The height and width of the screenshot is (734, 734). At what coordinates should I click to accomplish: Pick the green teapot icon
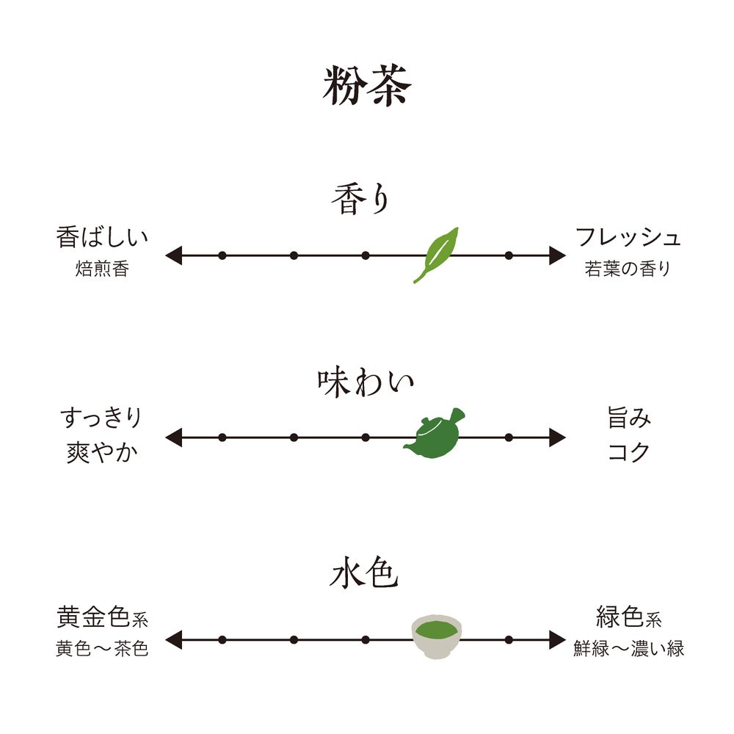(435, 435)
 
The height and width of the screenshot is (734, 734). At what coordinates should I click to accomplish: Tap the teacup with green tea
(436, 636)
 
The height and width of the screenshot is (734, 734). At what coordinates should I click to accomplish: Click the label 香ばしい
(102, 238)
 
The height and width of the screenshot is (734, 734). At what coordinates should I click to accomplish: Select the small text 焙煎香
(102, 269)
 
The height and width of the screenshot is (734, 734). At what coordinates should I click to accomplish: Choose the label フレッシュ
(628, 238)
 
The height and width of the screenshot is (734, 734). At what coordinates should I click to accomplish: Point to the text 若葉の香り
(628, 269)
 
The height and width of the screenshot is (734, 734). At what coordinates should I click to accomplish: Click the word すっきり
(101, 419)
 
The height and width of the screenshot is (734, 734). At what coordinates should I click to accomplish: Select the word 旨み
(629, 419)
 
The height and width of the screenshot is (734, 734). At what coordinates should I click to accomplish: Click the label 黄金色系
(102, 617)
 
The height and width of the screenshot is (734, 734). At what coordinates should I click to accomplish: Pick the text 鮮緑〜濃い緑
(629, 650)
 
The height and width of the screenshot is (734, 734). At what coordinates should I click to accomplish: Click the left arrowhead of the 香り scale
(173, 255)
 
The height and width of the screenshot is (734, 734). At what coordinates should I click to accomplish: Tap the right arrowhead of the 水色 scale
(558, 639)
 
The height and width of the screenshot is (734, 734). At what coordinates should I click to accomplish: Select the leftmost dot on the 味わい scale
(222, 437)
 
